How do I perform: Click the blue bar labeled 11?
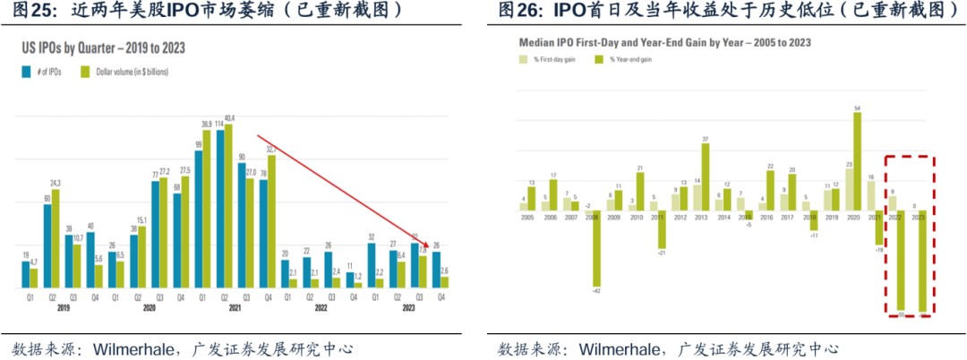point(348,279)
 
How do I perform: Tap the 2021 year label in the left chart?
point(235,308)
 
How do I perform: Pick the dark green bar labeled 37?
point(706,176)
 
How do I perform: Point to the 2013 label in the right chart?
point(700,217)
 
